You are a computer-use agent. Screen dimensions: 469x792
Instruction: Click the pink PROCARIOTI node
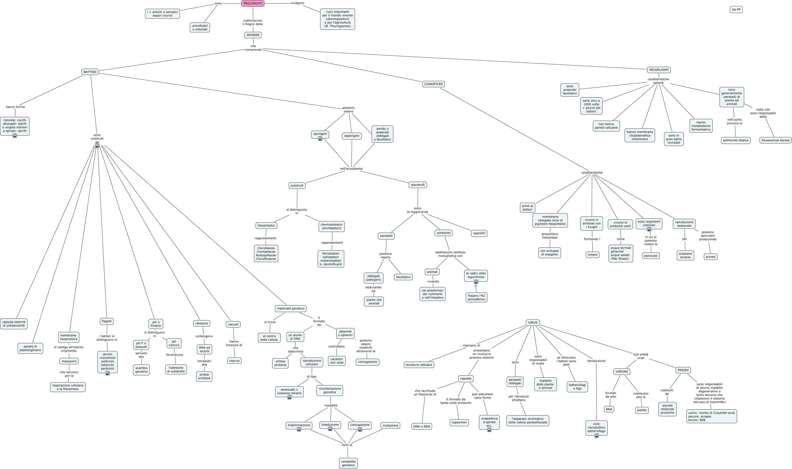pos(253,3)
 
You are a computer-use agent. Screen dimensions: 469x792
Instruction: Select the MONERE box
pos(253,35)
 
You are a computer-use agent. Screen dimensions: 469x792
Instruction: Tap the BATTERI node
pos(90,72)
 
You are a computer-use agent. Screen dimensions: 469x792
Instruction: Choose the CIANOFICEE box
pos(433,84)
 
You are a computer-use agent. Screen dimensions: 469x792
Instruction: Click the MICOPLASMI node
pos(659,70)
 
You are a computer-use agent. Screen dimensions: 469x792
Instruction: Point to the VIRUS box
pos(533,323)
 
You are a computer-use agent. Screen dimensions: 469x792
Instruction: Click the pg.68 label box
pos(736,10)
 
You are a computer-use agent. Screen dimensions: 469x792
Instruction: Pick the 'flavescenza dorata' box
pos(775,140)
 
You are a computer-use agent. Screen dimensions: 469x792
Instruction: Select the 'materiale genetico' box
pos(290,308)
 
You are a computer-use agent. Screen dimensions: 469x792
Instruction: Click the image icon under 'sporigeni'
pos(320,139)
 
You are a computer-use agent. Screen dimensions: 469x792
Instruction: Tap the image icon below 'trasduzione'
pos(330,429)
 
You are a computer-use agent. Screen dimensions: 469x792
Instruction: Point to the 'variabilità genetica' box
pos(348,463)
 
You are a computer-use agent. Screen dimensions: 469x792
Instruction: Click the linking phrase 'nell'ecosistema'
pos(351,169)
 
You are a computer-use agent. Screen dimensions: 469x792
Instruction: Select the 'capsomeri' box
pos(459,423)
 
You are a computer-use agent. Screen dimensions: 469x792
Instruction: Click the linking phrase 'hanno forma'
pos(15,107)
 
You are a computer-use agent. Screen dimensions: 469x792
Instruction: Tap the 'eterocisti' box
pos(651,256)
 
